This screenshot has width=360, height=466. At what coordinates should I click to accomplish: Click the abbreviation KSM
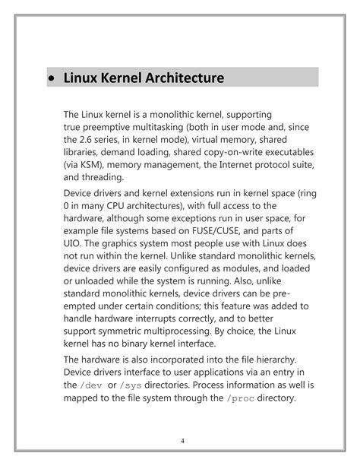[87, 164]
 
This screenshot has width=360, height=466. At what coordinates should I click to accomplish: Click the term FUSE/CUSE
[212, 230]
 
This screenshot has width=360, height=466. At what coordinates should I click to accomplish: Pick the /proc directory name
[241, 398]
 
